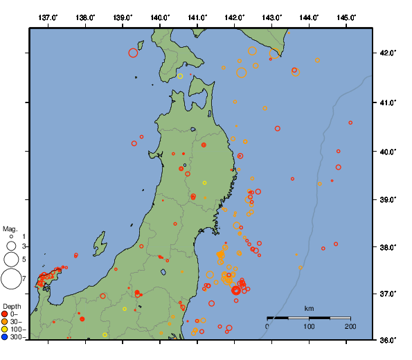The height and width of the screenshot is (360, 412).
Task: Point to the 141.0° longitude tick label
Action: pyautogui.click(x=197, y=17)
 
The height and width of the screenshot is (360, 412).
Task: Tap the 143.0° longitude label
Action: pyautogui.click(x=272, y=17)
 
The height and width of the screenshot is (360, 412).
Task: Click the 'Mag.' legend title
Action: pyautogui.click(x=10, y=228)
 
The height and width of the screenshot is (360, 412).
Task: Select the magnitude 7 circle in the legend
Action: pyautogui.click(x=10, y=279)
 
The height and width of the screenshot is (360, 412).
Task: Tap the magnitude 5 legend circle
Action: pyautogui.click(x=10, y=260)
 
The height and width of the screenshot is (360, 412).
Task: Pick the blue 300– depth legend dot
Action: pyautogui.click(x=5, y=338)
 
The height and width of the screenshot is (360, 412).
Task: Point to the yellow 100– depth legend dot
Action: pyautogui.click(x=5, y=330)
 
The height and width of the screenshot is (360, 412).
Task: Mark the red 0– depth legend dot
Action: pyautogui.click(x=5, y=314)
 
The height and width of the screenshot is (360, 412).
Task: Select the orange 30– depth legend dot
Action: pyautogui.click(x=5, y=322)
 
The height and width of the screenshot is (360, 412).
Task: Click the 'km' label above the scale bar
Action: pyautogui.click(x=309, y=308)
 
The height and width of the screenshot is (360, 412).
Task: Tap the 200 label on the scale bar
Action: pyautogui.click(x=350, y=326)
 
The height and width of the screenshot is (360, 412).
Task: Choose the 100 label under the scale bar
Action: pyautogui.click(x=309, y=326)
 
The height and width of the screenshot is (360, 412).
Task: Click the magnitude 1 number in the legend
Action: pyautogui.click(x=24, y=237)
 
